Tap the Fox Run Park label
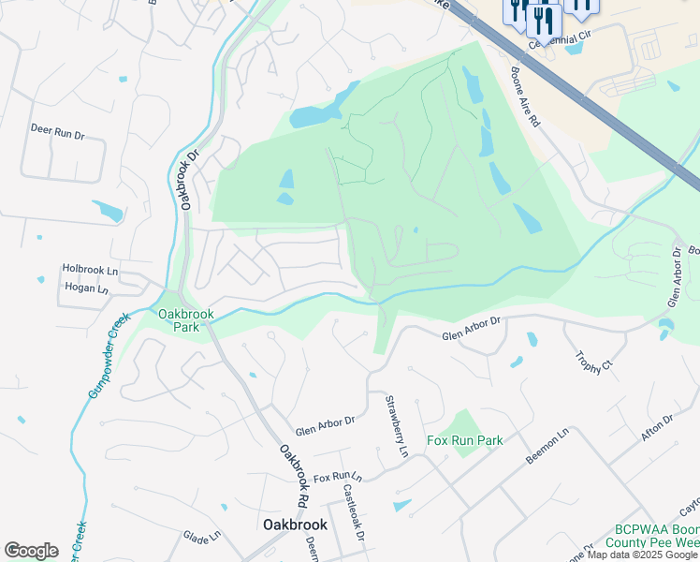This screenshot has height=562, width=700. pyautogui.click(x=465, y=441)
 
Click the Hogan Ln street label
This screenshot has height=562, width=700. pyautogui.click(x=83, y=289)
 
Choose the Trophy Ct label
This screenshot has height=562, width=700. pyautogui.click(x=593, y=362)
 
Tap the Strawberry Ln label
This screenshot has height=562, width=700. pyautogui.click(x=397, y=426)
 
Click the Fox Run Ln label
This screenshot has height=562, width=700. pyautogui.click(x=337, y=478)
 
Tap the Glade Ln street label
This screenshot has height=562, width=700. pyautogui.click(x=201, y=537)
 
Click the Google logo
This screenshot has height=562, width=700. pyautogui.click(x=31, y=551)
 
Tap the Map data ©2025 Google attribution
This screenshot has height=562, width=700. pyautogui.click(x=643, y=555)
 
